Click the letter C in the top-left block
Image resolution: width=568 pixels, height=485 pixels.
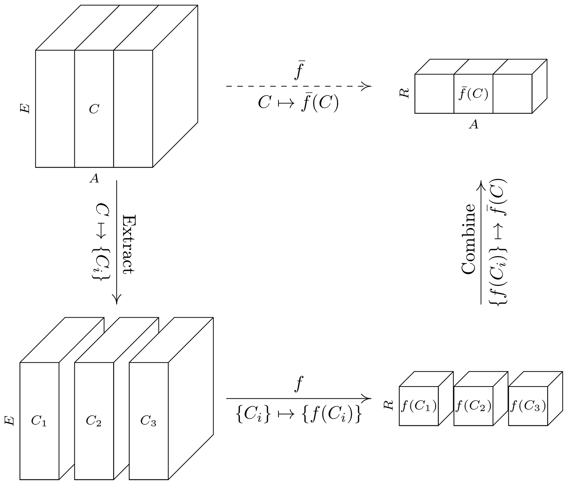click(94, 109)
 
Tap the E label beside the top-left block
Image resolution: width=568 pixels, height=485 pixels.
click(25, 109)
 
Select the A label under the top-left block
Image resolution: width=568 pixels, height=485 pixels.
click(94, 178)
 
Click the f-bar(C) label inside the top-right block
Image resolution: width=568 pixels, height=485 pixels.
click(473, 94)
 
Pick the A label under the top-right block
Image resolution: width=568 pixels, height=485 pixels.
click(473, 124)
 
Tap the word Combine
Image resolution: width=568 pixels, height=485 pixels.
click(468, 239)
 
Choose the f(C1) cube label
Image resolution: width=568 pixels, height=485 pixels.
click(419, 406)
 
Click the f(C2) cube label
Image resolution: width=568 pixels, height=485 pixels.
click(473, 406)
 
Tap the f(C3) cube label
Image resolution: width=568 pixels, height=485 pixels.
click(528, 406)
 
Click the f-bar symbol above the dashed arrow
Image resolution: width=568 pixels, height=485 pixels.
click(299, 70)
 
